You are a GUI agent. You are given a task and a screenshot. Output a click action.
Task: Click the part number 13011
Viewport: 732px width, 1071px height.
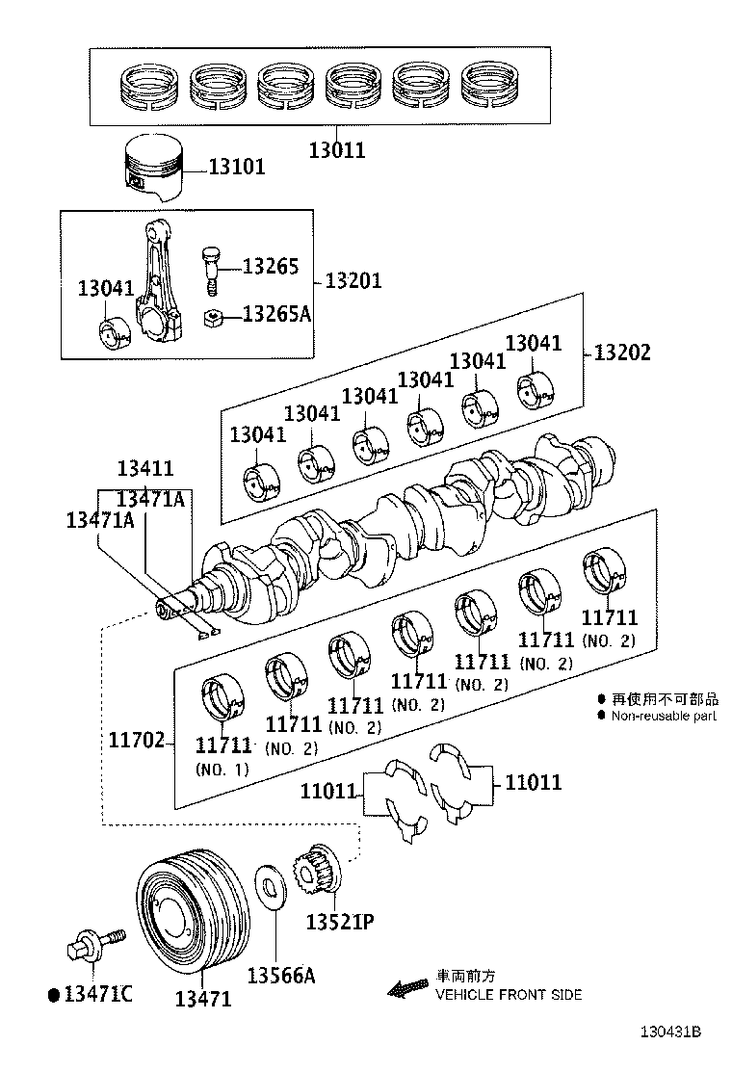tap(337, 150)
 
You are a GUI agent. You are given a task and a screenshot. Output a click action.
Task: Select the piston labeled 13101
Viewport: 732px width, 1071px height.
tap(155, 168)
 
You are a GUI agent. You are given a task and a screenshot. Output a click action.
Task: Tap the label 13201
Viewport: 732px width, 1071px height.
tap(353, 281)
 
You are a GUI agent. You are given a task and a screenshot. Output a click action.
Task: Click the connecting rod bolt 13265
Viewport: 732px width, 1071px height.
tap(212, 270)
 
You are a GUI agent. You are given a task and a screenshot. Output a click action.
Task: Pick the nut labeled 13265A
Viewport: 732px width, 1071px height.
tap(215, 317)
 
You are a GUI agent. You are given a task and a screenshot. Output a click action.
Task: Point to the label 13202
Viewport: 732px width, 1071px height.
tap(621, 353)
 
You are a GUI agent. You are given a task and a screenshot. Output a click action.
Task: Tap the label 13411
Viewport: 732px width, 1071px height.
tap(145, 469)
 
